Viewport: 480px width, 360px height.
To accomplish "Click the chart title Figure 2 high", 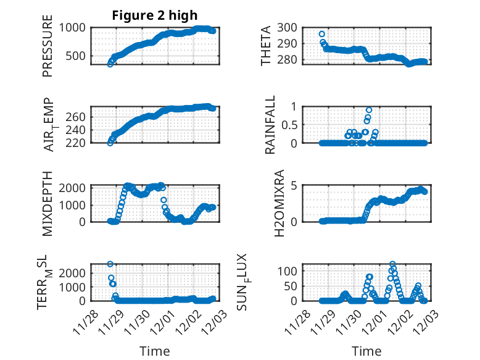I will [x=154, y=16].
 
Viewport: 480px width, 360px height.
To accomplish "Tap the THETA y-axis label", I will [x=266, y=46].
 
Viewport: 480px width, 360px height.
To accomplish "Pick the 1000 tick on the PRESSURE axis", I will [x=73, y=27].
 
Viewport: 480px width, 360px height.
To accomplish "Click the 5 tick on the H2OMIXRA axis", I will [x=296, y=186].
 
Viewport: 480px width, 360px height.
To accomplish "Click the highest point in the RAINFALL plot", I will [x=369, y=110].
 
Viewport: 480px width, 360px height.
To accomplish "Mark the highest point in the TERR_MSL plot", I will [x=110, y=264].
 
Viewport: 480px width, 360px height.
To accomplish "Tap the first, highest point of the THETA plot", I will [x=322, y=34].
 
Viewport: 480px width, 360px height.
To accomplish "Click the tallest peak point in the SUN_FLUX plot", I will [x=392, y=264].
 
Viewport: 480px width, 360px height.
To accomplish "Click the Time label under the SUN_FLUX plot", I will [x=366, y=351].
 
